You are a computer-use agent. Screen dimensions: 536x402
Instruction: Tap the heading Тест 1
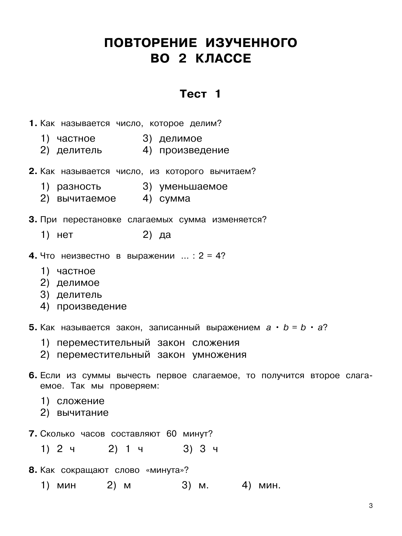coord(200,94)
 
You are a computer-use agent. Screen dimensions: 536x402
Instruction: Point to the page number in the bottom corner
coord(371,506)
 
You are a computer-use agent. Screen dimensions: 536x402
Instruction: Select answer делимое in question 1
coord(180,138)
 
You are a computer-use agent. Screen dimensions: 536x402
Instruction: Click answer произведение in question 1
coord(194,150)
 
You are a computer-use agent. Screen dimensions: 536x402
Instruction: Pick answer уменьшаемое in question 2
coord(193,187)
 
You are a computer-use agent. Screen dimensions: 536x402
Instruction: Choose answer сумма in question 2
coord(175,198)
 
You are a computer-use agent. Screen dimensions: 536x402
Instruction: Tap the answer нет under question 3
coord(65,235)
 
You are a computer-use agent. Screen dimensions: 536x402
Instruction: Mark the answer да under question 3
coord(165,235)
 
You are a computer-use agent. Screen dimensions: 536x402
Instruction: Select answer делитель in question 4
coord(79,295)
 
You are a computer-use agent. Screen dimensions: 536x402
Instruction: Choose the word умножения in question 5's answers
coord(219,355)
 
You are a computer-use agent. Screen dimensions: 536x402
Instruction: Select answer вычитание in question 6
coord(83,413)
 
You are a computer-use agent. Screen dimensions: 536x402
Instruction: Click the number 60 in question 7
coord(171,434)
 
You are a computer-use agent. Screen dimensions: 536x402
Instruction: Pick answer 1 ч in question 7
coord(134,449)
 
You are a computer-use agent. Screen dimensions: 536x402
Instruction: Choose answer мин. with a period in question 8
coord(270,485)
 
